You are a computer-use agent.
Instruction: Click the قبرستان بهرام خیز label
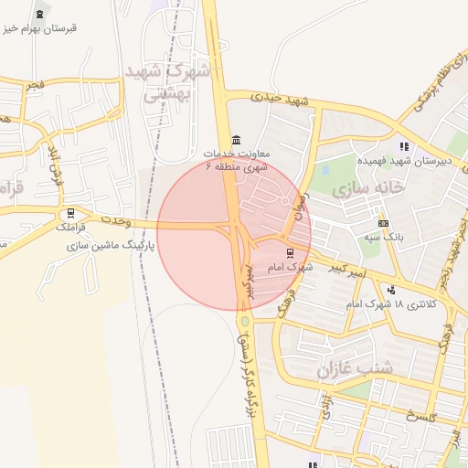[x=42, y=28]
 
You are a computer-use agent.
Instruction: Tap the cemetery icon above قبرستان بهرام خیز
[x=39, y=14]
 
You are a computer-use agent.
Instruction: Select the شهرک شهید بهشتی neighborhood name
[x=167, y=83]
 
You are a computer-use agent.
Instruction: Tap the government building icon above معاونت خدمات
[x=237, y=139]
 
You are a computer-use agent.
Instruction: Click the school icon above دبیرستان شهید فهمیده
[x=403, y=145]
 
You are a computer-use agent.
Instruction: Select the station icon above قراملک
[x=71, y=212]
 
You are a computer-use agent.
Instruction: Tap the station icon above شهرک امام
[x=291, y=252]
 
